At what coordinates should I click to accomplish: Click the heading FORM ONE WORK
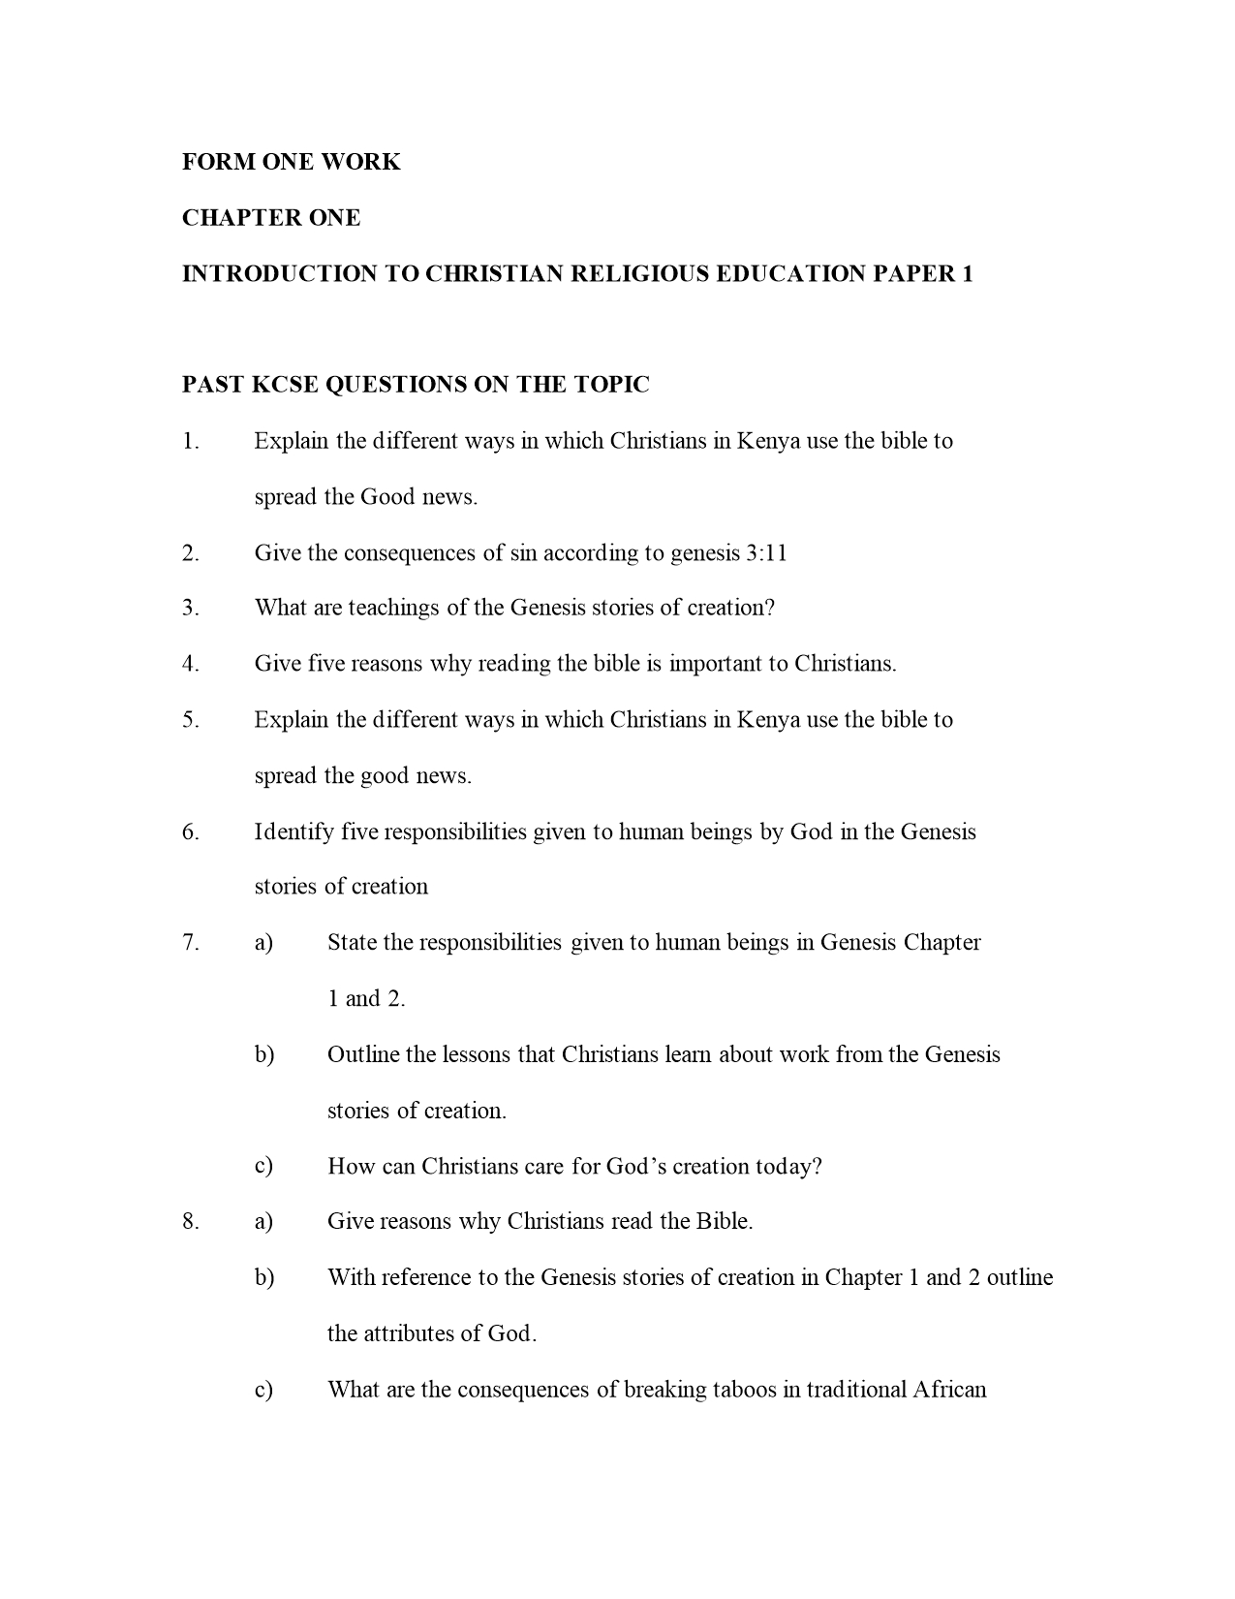(291, 162)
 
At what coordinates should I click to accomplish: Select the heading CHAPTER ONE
(271, 218)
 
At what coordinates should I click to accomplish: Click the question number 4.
(190, 664)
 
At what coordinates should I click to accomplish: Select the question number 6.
(190, 832)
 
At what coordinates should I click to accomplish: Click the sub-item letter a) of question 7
(263, 943)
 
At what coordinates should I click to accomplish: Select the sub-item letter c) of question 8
(263, 1391)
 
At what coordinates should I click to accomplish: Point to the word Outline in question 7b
(363, 1054)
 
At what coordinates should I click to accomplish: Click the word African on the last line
(949, 1391)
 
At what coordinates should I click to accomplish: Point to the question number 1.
(190, 442)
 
